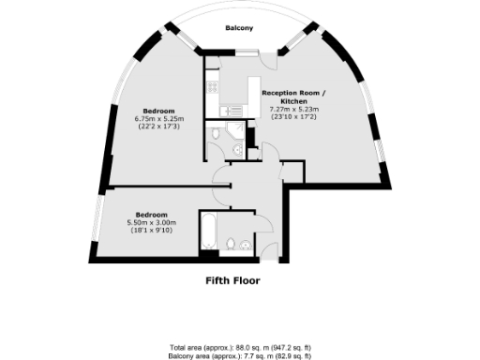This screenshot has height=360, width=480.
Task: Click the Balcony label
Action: (x=240, y=28)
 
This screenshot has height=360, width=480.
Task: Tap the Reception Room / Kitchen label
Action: (x=294, y=97)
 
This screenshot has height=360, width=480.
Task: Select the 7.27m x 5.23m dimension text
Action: (x=294, y=111)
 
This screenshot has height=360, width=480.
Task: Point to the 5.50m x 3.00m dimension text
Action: (x=152, y=221)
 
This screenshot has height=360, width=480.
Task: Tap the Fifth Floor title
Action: (x=232, y=280)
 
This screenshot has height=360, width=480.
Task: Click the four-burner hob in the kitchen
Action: (x=212, y=89)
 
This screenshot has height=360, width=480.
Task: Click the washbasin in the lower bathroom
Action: (x=245, y=246)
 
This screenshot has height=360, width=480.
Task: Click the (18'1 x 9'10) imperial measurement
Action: (x=152, y=230)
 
